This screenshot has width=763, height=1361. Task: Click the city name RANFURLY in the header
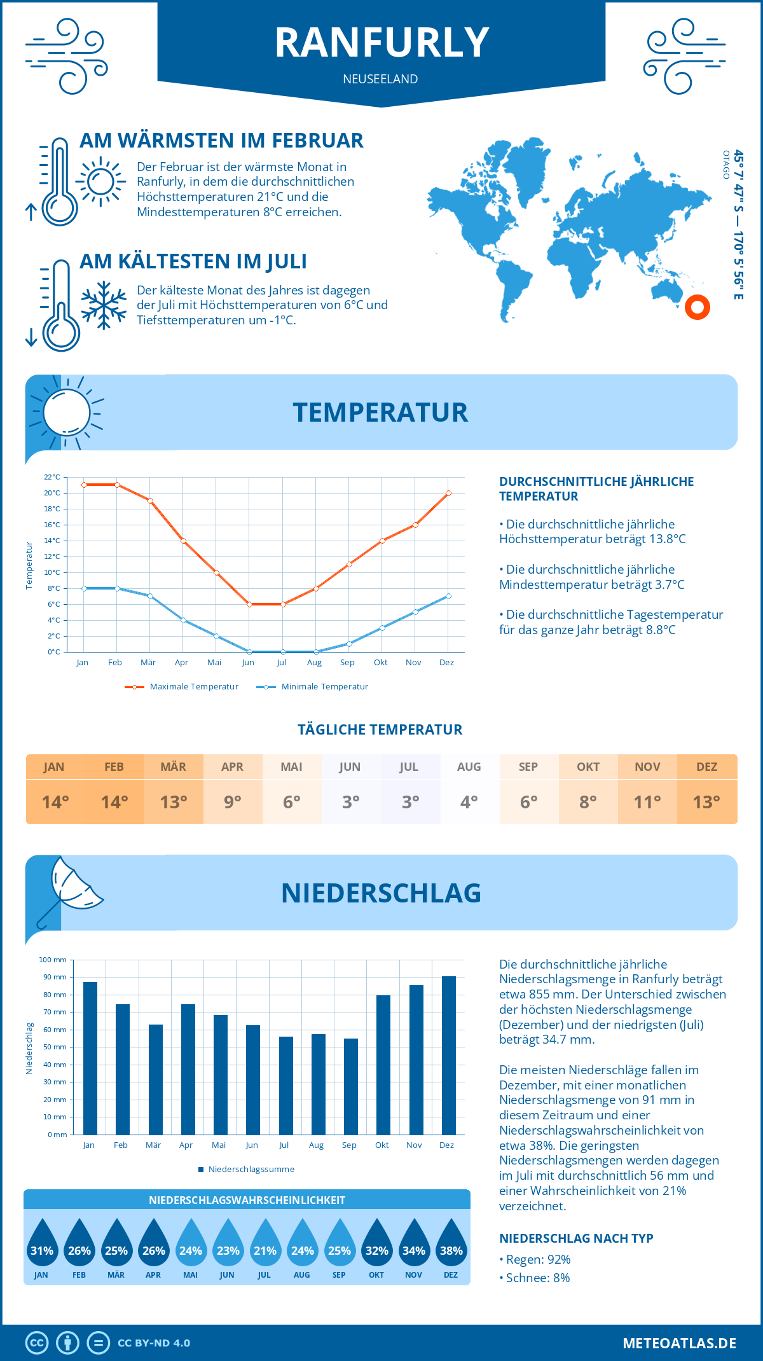pos(381,43)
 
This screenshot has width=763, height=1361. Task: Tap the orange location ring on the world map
pos(698,307)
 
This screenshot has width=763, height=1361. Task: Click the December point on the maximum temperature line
pos(448,493)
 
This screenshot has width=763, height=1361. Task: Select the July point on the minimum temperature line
pos(283,652)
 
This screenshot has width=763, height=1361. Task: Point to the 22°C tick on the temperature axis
pos(52,477)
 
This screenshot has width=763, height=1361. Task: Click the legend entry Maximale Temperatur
pos(182,687)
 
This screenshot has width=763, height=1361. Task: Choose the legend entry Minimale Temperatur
pos(313,687)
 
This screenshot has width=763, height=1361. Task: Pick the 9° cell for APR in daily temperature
pos(233,802)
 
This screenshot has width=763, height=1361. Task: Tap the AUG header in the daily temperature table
pos(469,767)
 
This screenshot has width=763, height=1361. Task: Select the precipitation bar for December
pos(449,1055)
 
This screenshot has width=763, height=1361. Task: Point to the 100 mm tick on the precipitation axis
pos(53,960)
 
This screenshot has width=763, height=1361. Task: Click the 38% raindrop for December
pos(451,1246)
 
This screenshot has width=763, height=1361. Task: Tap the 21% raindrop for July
pos(265,1246)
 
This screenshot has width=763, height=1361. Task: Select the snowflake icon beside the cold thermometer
pos(104,305)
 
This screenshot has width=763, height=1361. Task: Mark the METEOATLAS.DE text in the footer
pos(679,1343)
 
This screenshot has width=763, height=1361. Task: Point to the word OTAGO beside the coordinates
pos(726,165)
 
